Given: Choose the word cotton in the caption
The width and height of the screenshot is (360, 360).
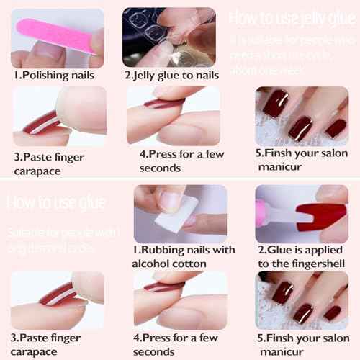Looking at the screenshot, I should coord(194,264).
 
